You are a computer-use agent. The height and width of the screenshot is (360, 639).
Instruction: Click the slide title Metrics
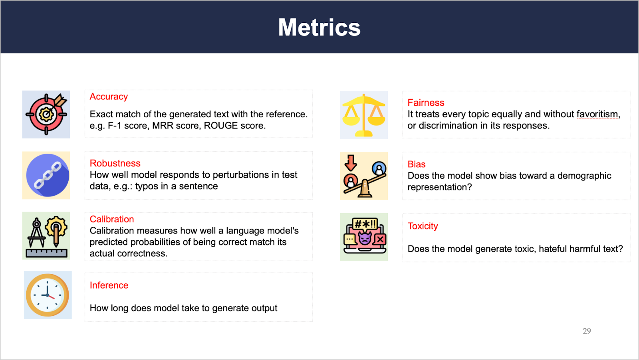[x=319, y=28]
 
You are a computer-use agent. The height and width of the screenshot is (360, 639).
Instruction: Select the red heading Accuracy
[x=109, y=97]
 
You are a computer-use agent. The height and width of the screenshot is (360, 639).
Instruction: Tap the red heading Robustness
[x=115, y=163]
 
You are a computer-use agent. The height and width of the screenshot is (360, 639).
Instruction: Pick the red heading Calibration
[x=112, y=219]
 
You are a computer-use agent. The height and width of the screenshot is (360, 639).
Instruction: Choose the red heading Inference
[x=109, y=285]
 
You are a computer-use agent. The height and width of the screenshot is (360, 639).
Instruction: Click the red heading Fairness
[x=426, y=103]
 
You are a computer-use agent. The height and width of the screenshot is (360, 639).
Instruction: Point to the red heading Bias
[x=417, y=164]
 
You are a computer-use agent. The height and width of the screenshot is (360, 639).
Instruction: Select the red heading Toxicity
[x=423, y=226]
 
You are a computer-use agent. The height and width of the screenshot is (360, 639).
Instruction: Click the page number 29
[x=587, y=331]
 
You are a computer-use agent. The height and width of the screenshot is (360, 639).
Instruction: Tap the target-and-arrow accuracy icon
[x=46, y=114]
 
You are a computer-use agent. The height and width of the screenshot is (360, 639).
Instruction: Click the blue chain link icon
[x=48, y=175]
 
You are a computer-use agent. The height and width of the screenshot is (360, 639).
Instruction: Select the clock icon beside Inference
[x=48, y=295]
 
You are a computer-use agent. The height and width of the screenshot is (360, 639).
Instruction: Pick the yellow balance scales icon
[x=364, y=115]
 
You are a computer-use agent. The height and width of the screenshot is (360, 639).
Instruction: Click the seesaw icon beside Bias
[x=364, y=176]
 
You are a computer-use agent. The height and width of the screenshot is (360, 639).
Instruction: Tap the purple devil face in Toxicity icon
[x=365, y=238]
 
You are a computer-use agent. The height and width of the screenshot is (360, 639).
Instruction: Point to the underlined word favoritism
[x=598, y=114]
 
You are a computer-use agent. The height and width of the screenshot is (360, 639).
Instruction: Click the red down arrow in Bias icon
[x=351, y=163]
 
